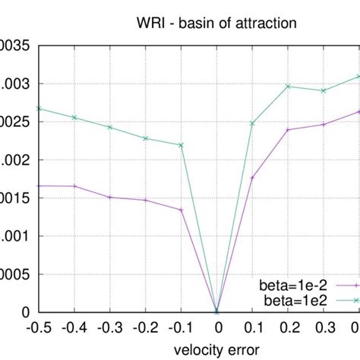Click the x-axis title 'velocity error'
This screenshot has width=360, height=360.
(x=216, y=349)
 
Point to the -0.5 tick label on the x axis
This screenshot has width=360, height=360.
(x=38, y=328)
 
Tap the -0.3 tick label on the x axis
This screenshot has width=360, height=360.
(x=109, y=328)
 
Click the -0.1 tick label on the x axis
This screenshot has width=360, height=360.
(x=181, y=328)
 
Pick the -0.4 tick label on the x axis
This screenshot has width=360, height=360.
(x=74, y=328)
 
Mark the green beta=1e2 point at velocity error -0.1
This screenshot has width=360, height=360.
(x=182, y=145)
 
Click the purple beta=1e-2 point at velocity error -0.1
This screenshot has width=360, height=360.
(x=182, y=210)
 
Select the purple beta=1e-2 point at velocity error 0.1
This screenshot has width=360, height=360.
(x=253, y=178)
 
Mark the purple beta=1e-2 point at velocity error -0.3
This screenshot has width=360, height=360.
(x=109, y=197)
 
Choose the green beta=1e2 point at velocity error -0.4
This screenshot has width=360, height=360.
(x=74, y=117)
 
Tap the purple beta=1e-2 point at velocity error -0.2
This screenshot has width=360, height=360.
(x=146, y=200)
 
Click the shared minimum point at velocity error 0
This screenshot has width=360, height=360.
(x=217, y=311)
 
